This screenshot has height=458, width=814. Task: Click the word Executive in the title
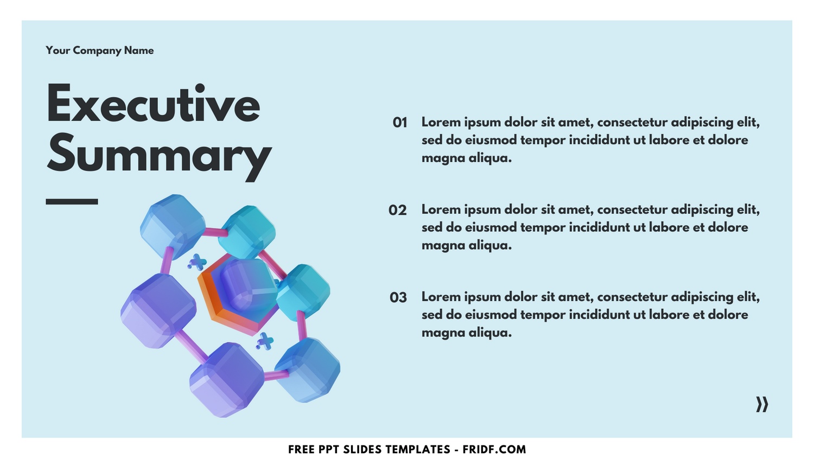[x=154, y=104]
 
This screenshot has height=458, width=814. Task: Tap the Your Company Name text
[x=100, y=50]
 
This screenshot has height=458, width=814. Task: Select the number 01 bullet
[x=400, y=123]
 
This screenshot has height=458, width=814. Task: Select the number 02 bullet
[x=398, y=210]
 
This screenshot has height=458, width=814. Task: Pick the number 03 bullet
[x=398, y=297]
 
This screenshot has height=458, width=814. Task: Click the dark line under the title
[x=72, y=201]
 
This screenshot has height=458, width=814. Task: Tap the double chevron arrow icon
[x=762, y=404]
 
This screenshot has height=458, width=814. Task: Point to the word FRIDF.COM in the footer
[x=494, y=449]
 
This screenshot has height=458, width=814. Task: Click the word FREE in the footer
[x=300, y=449]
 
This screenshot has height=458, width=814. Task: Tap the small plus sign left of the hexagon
[x=197, y=263]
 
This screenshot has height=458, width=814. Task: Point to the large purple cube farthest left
[x=157, y=310]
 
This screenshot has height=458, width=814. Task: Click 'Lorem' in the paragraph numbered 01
[x=440, y=122]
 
